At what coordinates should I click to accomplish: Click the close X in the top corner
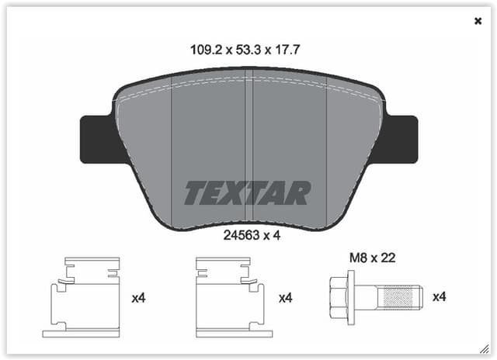click(478, 21)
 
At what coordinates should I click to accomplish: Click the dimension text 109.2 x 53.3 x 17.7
click(245, 49)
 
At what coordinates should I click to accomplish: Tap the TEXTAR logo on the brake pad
click(247, 193)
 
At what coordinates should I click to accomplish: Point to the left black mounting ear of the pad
click(97, 140)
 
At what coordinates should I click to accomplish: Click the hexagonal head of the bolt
click(339, 296)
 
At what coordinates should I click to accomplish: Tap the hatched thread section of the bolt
click(400, 296)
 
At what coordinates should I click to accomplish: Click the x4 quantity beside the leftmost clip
click(139, 297)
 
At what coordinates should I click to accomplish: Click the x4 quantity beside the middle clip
click(285, 297)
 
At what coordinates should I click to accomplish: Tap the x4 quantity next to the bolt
click(439, 296)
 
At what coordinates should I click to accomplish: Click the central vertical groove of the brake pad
click(249, 147)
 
